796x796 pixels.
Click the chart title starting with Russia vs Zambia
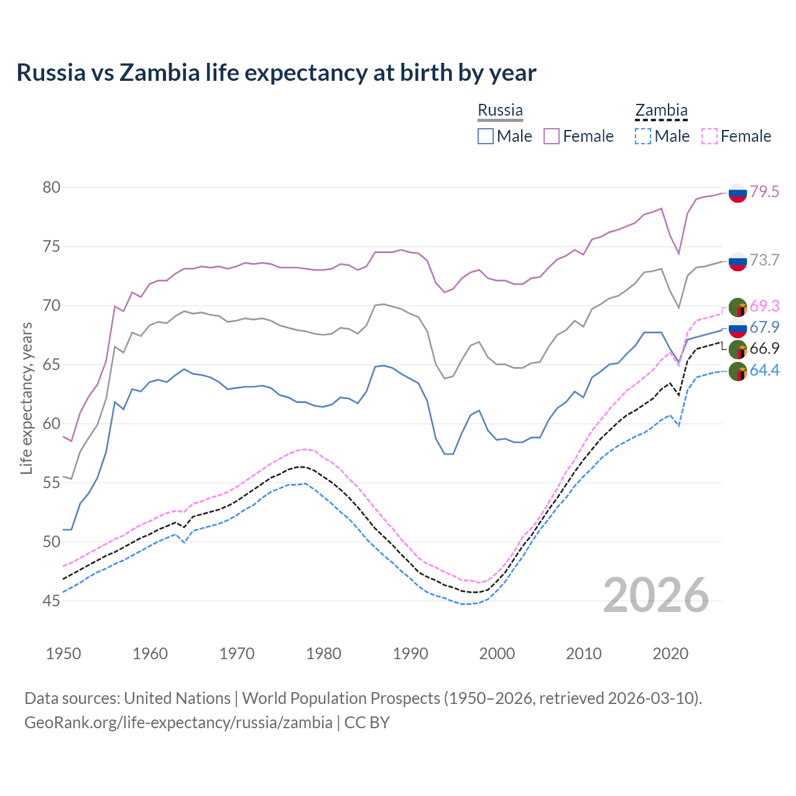276,73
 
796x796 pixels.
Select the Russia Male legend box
486,136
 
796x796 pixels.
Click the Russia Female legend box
552,136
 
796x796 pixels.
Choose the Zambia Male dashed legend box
643,136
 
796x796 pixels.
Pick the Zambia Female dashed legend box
710,136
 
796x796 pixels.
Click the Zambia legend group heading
661,111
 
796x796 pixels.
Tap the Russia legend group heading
500,111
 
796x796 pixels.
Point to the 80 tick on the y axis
52,188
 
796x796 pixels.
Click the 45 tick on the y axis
52,601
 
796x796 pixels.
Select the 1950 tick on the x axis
63,654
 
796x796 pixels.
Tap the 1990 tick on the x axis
410,654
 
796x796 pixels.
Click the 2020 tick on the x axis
670,654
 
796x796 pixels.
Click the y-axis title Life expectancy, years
26,398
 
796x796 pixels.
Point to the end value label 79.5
764,192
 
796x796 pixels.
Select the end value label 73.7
764,260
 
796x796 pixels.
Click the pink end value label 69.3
764,306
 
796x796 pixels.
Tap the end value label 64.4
764,371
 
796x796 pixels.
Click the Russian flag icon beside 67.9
738,328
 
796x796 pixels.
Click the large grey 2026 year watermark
656,595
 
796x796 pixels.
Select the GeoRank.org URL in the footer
178,723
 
